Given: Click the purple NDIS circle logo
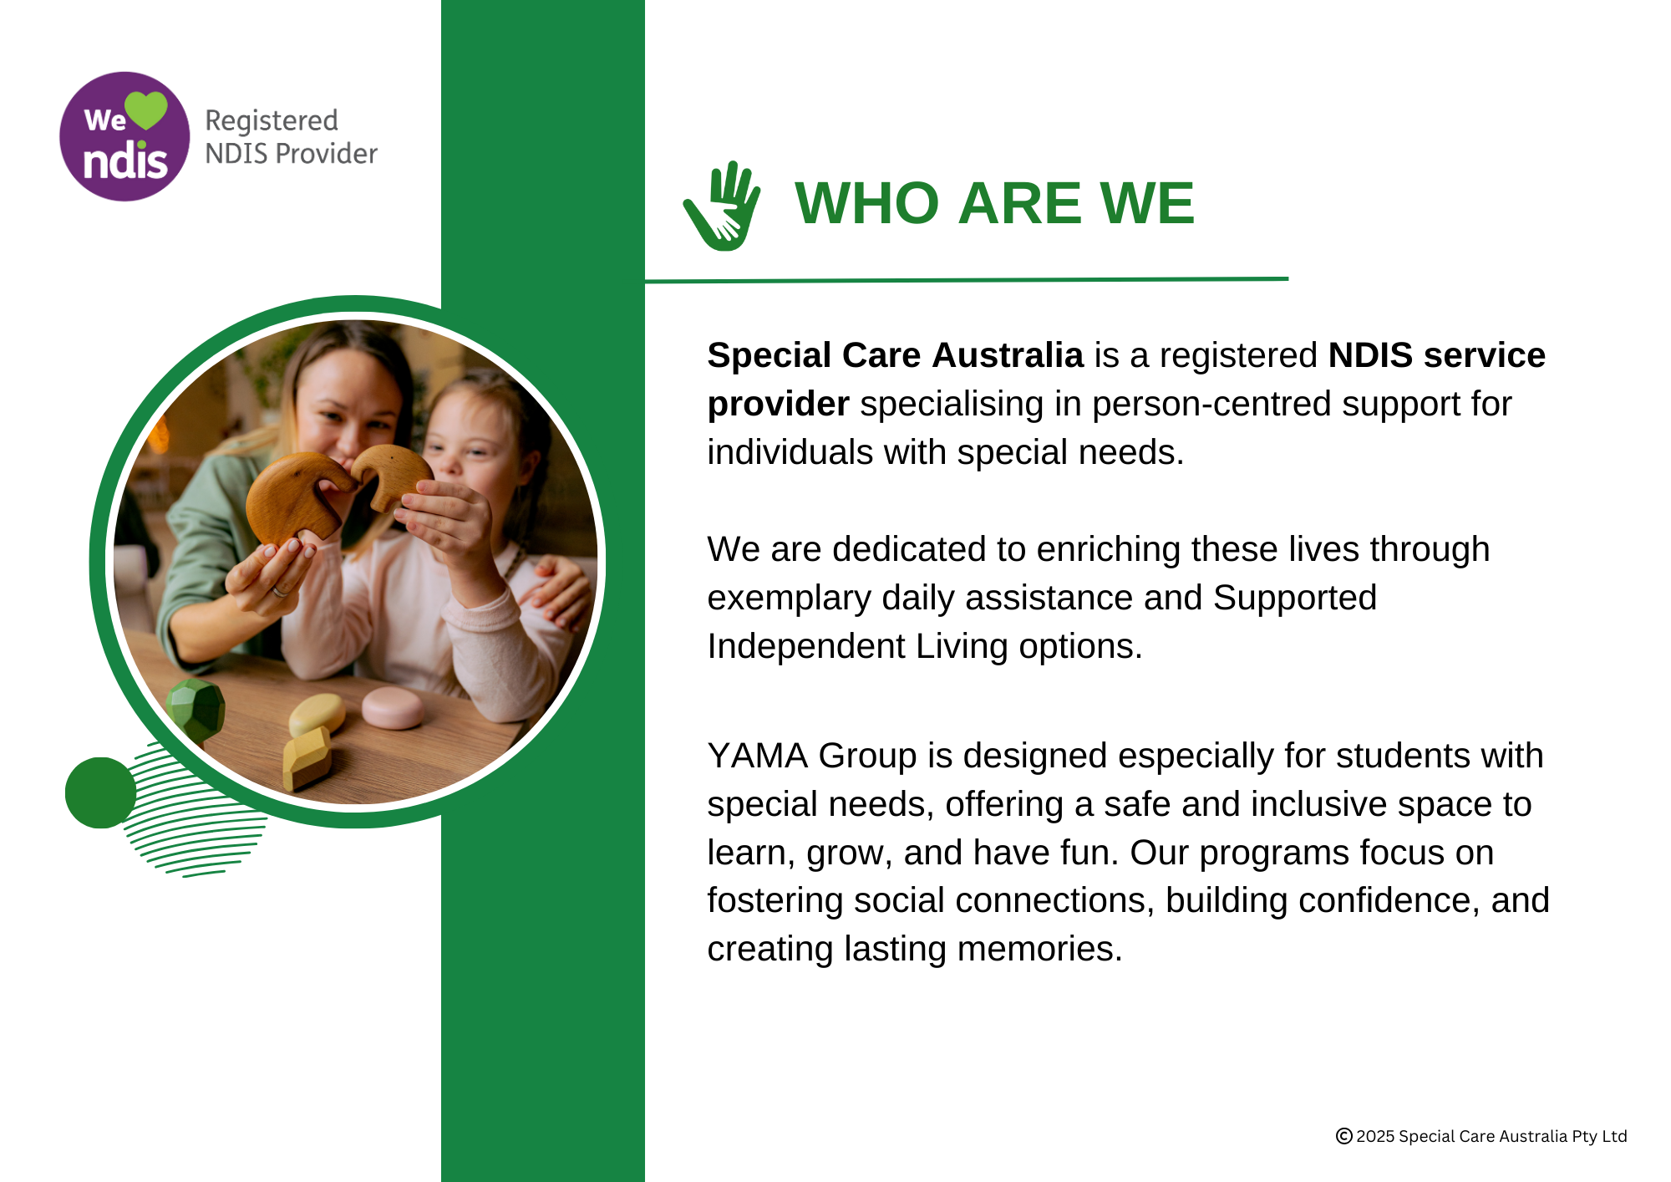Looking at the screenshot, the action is [125, 136].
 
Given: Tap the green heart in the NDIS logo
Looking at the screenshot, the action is [146, 110].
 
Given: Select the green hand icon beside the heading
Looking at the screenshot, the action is [722, 206].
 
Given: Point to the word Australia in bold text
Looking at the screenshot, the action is [1008, 355].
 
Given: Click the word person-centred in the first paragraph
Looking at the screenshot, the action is [1211, 405].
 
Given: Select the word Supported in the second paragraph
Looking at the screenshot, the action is [1294, 599].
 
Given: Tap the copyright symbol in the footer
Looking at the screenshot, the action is [1343, 1136].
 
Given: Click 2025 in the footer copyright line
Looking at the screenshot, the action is [1375, 1136].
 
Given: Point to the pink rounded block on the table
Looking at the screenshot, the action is [393, 707].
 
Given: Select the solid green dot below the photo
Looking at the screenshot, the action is [100, 792].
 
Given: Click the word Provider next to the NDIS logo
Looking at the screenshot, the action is [327, 155].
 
